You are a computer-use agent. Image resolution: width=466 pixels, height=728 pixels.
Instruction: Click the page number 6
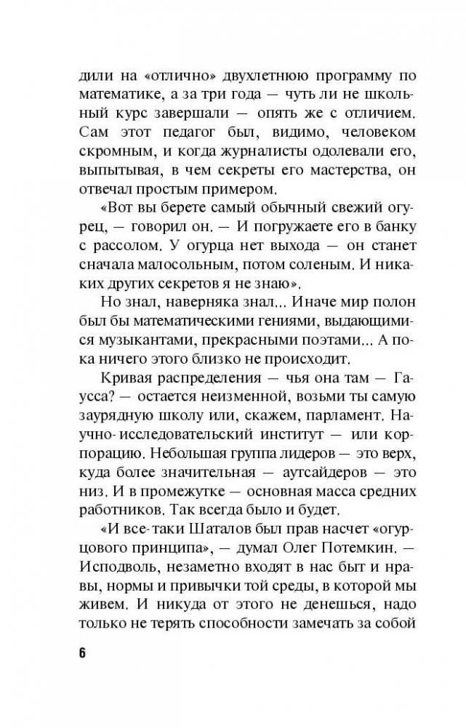(x=82, y=651)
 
